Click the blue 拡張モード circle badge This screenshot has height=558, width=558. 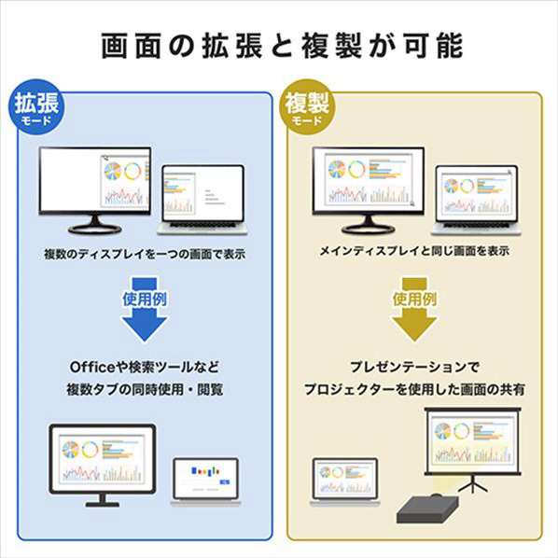point(36,106)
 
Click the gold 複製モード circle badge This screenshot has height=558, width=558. point(308,106)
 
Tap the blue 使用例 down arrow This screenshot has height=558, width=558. point(144,310)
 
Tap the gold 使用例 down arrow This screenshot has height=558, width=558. point(414,310)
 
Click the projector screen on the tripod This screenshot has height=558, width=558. point(472,441)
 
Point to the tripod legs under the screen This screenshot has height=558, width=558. point(472,484)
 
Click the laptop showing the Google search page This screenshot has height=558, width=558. point(205,481)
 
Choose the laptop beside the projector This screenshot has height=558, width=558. point(345,481)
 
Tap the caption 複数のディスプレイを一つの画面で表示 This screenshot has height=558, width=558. point(145,254)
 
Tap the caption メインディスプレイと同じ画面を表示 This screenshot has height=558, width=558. point(414,251)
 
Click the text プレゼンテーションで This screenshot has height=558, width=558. point(414,368)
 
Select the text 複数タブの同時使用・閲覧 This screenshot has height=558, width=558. point(145,389)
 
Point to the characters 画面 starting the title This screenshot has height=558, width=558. point(131,46)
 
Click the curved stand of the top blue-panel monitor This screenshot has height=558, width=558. point(94,225)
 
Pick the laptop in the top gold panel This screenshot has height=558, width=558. point(476,200)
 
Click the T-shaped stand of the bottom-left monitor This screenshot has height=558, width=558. point(103,501)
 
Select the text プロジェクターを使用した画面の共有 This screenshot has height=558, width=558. point(414,389)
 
